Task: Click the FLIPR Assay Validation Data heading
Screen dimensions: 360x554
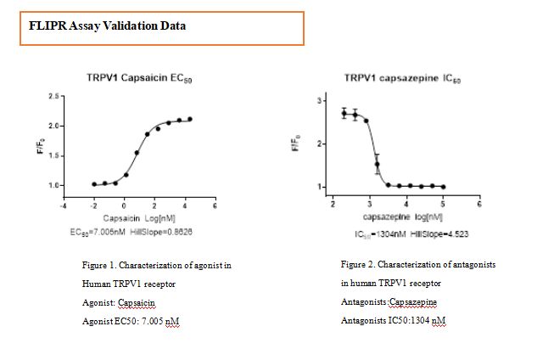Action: pos(108,26)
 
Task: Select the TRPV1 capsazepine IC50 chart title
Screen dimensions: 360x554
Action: pos(403,78)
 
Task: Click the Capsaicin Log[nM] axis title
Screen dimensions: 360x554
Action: pos(141,217)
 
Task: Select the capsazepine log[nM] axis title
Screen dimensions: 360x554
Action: pos(403,217)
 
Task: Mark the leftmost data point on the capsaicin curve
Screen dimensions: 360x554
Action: pos(94,184)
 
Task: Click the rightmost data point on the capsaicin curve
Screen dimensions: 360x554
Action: pos(190,119)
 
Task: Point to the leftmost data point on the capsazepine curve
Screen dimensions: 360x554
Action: pos(344,112)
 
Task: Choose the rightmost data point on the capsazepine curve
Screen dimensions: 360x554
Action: pos(443,187)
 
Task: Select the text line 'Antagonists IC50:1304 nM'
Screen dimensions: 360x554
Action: pos(393,320)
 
